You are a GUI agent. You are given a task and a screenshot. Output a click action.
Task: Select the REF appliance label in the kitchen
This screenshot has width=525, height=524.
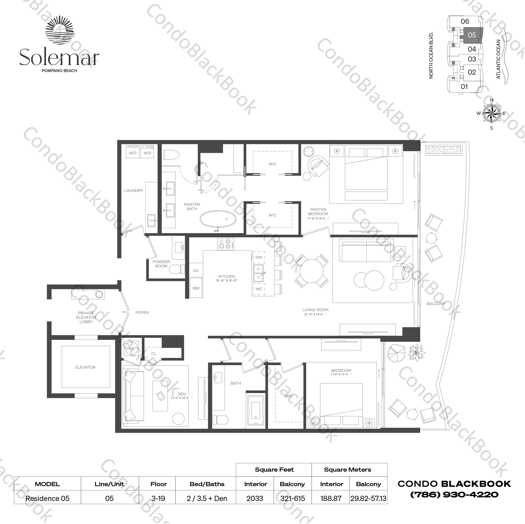point(196,288)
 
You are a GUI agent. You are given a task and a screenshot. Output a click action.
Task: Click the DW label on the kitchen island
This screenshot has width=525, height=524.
point(259,257)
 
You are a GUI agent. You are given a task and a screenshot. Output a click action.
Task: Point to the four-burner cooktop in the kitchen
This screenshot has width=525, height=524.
point(225,244)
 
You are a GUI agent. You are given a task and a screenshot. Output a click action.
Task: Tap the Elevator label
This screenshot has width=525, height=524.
point(85,367)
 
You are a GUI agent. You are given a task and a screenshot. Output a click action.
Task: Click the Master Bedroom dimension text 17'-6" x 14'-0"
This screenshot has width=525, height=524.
point(318,218)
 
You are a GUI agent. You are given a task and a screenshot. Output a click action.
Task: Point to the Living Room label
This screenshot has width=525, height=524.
point(315,310)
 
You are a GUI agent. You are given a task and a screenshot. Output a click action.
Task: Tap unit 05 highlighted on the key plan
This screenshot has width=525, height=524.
point(472,35)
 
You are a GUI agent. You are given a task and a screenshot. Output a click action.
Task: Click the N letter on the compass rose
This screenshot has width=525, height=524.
point(491,100)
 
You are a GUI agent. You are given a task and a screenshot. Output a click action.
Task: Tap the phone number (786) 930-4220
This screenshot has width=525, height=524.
point(454,494)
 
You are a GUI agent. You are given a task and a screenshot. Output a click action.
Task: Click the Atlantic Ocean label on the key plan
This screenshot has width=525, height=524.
point(498,59)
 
